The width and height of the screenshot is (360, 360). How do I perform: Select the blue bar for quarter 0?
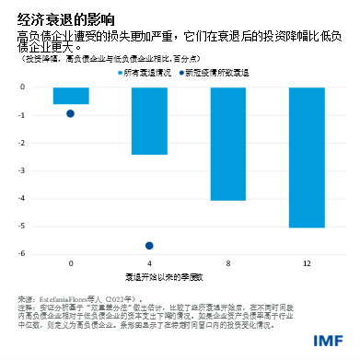pos(71,95)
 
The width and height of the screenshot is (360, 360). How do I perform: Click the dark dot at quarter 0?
pos(71,113)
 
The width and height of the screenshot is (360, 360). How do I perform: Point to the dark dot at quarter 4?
pos(149,246)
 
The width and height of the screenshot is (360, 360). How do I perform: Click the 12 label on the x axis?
pos(307,263)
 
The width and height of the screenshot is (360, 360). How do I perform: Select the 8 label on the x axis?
pos(227,263)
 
